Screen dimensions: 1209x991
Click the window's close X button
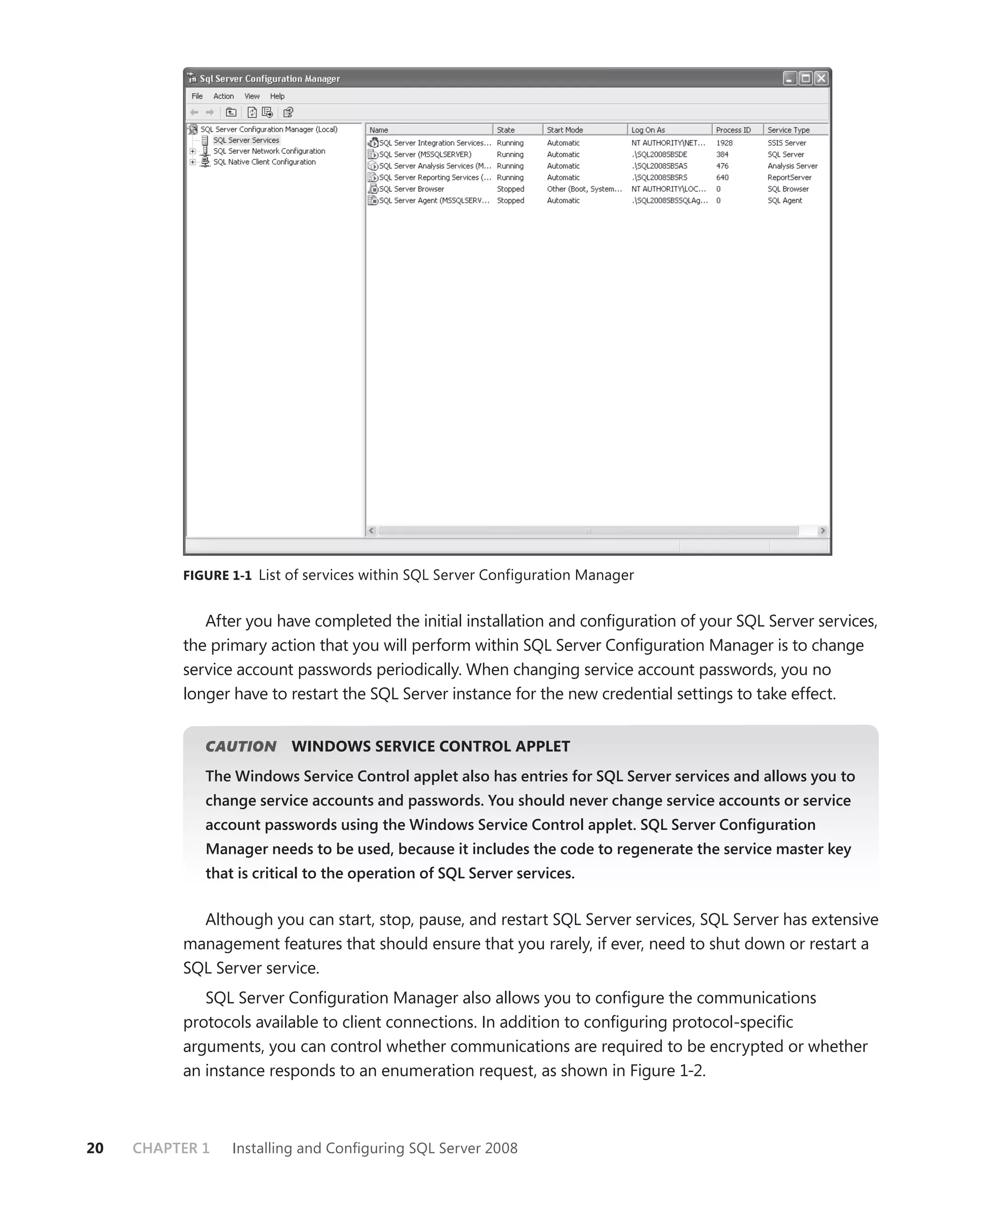[x=821, y=78]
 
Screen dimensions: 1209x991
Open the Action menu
[x=223, y=96]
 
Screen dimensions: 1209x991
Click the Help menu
[x=277, y=96]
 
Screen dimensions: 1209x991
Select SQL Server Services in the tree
[x=246, y=140]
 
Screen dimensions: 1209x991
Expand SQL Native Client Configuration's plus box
[x=193, y=162]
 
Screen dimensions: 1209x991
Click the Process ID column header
[x=734, y=130]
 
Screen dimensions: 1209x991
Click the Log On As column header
[x=648, y=130]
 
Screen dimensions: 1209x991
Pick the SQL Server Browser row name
[x=411, y=189]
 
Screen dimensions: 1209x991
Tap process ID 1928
[x=724, y=143]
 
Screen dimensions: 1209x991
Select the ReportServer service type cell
[x=789, y=178]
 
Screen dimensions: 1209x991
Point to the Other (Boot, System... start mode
[x=584, y=189]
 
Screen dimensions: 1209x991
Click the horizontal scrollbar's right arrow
[x=822, y=530]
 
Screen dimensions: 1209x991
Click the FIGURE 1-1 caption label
[x=217, y=575]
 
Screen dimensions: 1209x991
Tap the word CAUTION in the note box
[x=240, y=746]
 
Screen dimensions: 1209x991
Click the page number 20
[x=95, y=1148]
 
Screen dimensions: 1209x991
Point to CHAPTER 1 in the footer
[x=171, y=1148]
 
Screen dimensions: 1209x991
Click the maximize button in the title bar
[x=806, y=78]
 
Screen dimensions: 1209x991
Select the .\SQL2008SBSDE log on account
[x=660, y=154]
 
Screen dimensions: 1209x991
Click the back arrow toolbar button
[x=195, y=112]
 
